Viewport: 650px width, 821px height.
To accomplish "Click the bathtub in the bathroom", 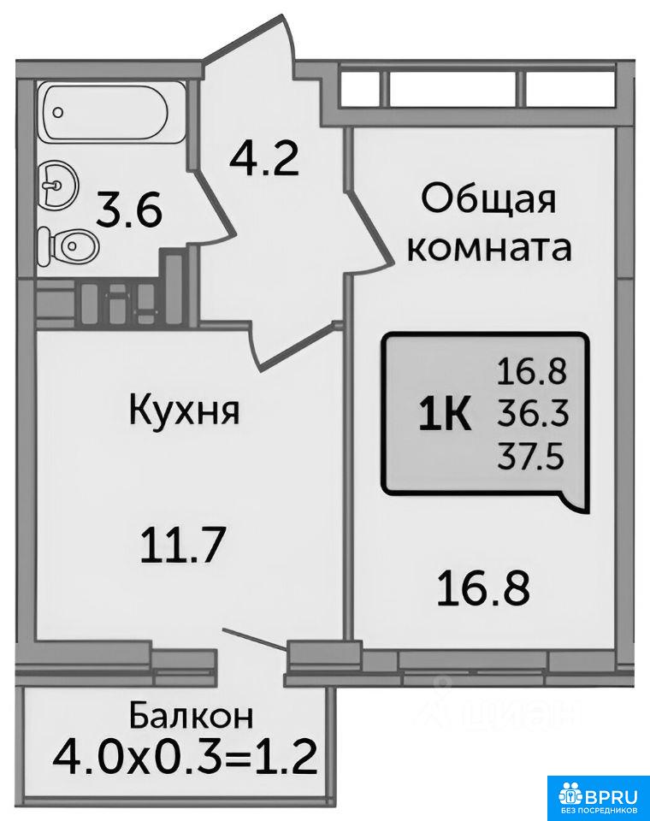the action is [x=106, y=112].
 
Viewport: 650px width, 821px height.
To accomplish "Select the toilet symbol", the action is [x=68, y=245].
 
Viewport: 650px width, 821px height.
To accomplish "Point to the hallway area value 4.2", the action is [x=264, y=159].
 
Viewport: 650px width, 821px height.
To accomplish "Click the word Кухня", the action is [x=184, y=410].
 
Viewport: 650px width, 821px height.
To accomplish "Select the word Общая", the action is [x=488, y=200].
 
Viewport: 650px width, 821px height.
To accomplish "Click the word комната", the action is [x=489, y=248].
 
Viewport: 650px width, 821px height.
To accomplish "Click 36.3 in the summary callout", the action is [x=533, y=416].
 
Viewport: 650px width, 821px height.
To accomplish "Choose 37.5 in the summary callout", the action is [x=531, y=457].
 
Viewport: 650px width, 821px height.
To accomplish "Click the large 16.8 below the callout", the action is [x=483, y=589].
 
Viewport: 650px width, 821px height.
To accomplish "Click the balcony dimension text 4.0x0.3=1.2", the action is [x=185, y=758].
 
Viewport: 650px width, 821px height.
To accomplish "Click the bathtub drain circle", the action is [x=59, y=112].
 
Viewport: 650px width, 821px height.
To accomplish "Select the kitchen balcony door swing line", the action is [x=256, y=640].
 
